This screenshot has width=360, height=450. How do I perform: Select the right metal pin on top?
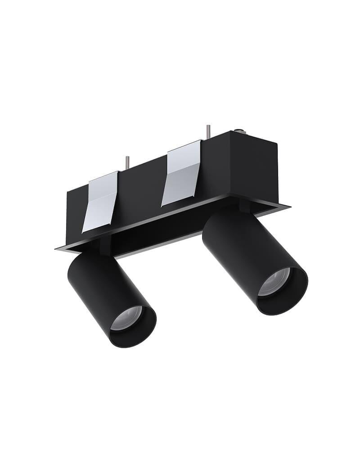click(x=208, y=131)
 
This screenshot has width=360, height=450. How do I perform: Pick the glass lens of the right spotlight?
click(x=275, y=282)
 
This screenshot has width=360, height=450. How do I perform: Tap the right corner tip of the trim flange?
click(x=288, y=207)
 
